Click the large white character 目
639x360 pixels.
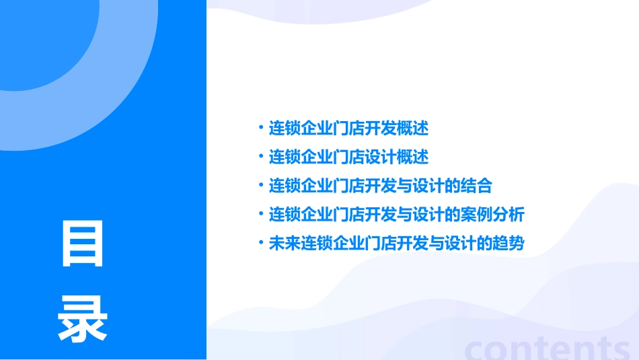(83, 244)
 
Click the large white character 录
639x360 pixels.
(83, 319)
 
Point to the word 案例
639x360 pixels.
(477, 215)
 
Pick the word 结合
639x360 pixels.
(477, 186)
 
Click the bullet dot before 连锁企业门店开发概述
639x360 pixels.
(260, 127)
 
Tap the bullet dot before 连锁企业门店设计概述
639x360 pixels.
(260, 156)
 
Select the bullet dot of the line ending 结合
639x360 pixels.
(260, 185)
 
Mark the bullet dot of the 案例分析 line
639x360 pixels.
(260, 214)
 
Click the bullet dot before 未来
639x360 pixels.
(260, 243)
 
